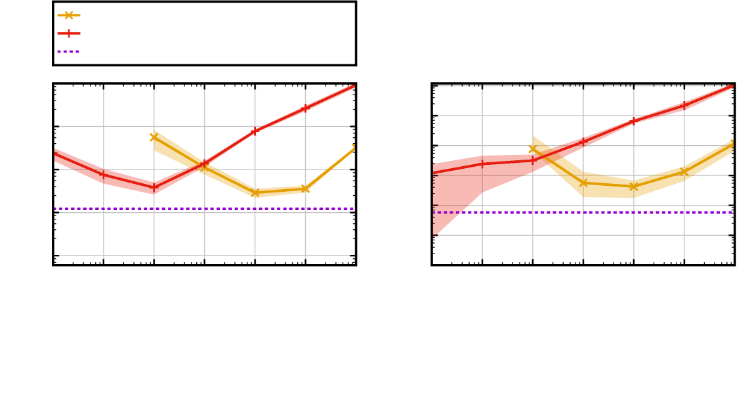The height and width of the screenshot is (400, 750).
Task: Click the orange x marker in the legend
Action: click(x=68, y=15)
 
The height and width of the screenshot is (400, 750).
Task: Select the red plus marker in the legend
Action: click(x=68, y=33)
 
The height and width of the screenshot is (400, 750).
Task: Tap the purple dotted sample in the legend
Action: click(x=68, y=51)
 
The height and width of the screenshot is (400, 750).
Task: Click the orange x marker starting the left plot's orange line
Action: click(x=154, y=137)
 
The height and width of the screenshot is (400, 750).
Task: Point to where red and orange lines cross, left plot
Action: click(x=204, y=164)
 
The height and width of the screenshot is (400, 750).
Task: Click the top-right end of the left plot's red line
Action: click(x=352, y=87)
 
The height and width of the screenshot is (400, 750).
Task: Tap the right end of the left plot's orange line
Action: click(x=353, y=148)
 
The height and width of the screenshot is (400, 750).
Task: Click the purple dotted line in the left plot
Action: click(x=197, y=209)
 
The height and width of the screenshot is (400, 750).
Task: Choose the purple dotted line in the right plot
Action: click(x=591, y=212)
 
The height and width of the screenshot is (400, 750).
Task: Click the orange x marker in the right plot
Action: click(x=532, y=149)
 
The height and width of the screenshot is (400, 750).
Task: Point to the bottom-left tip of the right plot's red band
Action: click(x=434, y=233)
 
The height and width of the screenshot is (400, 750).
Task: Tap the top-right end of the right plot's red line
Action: click(x=731, y=87)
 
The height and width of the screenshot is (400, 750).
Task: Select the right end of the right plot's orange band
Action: click(x=732, y=146)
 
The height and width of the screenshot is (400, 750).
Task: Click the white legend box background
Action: click(x=217, y=33)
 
